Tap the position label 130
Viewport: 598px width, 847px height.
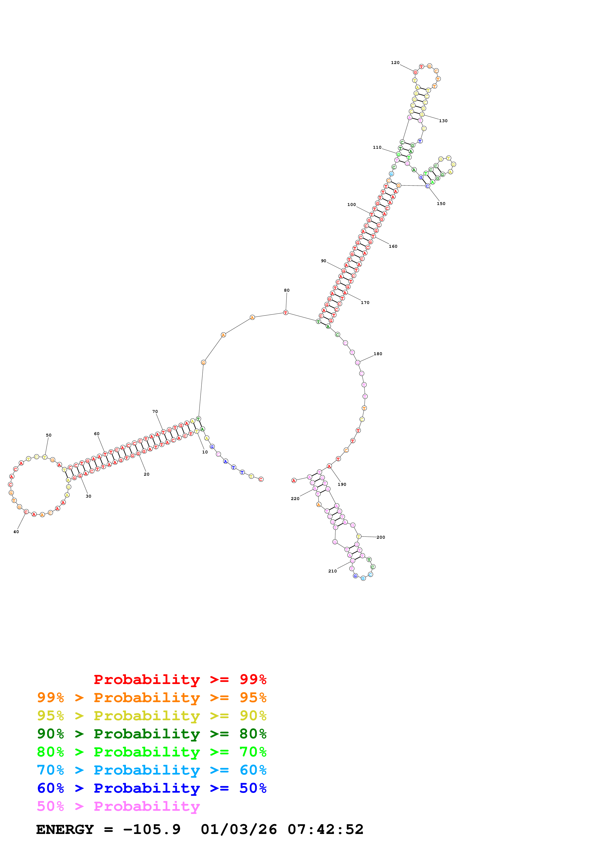pyautogui.click(x=443, y=121)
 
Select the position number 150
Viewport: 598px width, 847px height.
pyautogui.click(x=441, y=204)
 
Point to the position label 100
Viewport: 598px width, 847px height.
pyautogui.click(x=351, y=204)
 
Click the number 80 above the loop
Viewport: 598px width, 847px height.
pyautogui.click(x=287, y=290)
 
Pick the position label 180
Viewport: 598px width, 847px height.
pyautogui.click(x=378, y=354)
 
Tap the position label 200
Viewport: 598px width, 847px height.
pyautogui.click(x=381, y=537)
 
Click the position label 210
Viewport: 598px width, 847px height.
pyautogui.click(x=332, y=571)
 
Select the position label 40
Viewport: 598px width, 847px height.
pyautogui.click(x=16, y=532)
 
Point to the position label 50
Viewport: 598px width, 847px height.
pyautogui.click(x=49, y=435)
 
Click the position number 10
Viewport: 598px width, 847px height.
pyautogui.click(x=205, y=452)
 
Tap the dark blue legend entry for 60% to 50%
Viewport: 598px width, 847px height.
pyautogui.click(x=151, y=788)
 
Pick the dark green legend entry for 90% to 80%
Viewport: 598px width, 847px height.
pyautogui.click(x=151, y=734)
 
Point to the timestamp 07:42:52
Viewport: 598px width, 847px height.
pyautogui.click(x=325, y=829)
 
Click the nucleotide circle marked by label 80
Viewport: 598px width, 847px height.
pyautogui.click(x=286, y=312)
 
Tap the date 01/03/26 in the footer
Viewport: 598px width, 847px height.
pyautogui.click(x=239, y=829)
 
